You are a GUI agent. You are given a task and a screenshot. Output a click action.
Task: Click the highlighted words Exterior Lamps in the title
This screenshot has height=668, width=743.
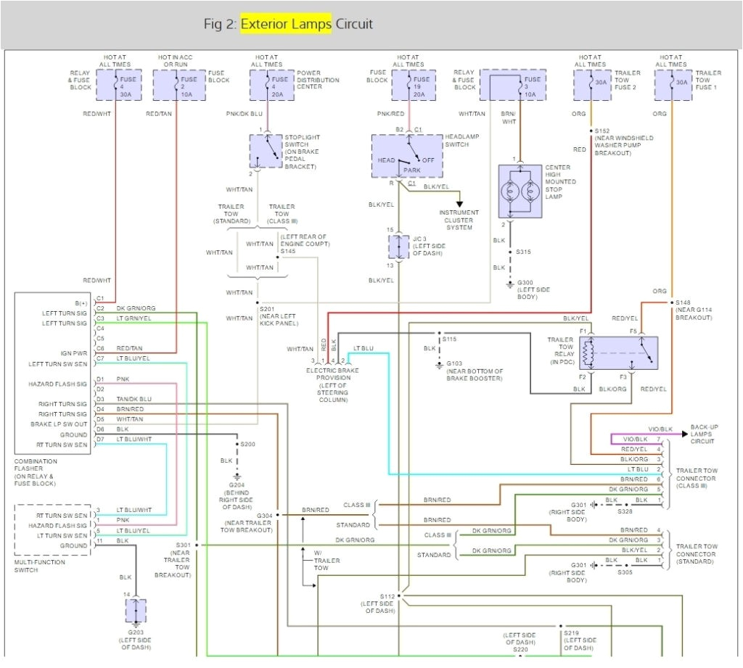tap(286, 24)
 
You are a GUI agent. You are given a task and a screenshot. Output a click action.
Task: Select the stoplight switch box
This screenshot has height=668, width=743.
tap(266, 151)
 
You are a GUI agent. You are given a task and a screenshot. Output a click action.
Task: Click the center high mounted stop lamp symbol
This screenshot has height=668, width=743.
tap(520, 191)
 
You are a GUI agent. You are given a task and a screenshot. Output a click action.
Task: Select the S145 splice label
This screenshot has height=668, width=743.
tap(288, 251)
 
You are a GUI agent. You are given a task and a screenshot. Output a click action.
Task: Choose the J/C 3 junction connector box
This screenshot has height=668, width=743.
tap(399, 247)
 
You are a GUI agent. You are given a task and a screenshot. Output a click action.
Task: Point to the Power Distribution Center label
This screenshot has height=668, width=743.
tap(318, 80)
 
